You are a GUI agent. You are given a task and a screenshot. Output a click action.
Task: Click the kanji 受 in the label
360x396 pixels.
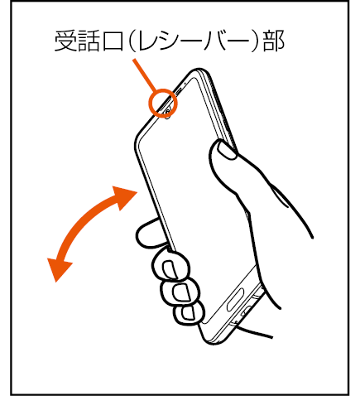tap(65, 41)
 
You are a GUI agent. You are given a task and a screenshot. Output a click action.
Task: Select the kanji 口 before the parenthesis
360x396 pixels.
tap(113, 41)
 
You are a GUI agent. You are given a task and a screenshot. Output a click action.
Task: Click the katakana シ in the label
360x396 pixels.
tap(169, 41)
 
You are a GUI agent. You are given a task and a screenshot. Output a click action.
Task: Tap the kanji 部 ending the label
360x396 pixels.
tap(273, 41)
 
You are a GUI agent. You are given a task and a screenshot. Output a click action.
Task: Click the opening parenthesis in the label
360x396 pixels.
tap(132, 41)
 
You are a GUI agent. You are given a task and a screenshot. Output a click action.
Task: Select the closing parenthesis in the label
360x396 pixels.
tap(256, 41)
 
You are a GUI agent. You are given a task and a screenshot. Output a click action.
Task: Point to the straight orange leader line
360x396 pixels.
tap(145, 75)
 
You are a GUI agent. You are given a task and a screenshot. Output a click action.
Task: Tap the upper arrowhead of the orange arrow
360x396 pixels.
tap(124, 198)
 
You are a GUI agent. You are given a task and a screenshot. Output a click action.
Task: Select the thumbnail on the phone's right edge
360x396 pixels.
tap(227, 150)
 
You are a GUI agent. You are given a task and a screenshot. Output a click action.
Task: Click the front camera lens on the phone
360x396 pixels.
tap(168, 112)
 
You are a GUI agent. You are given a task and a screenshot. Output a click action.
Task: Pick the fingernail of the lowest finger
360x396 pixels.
tap(188, 312)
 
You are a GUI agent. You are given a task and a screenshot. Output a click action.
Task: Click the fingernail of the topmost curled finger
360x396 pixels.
tap(170, 269)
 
